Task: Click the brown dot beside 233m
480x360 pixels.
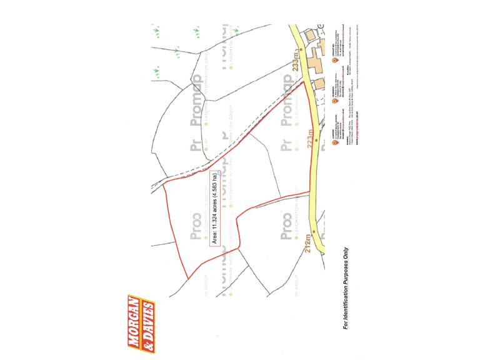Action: (x=301, y=47)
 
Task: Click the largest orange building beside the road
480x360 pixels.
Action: (x=313, y=63)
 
